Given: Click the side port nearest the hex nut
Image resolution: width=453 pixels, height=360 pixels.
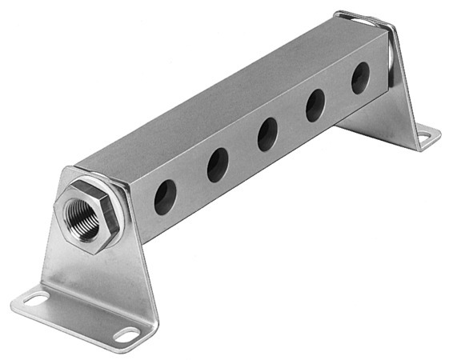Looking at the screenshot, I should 165,197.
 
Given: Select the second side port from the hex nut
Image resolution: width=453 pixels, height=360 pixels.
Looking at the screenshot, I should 217,165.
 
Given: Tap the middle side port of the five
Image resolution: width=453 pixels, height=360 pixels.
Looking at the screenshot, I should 267,134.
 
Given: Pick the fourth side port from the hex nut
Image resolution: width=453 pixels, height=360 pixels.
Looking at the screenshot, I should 315,105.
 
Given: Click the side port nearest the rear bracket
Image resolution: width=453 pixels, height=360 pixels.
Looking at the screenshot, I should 360,78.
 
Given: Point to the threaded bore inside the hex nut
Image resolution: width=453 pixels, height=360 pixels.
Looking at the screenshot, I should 82,214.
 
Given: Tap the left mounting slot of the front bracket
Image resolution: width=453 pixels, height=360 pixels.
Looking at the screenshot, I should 36,300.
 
